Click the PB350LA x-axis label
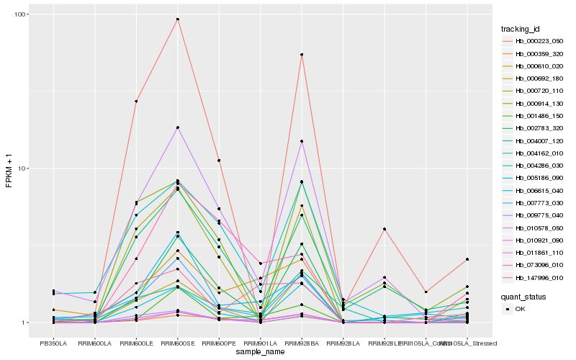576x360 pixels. tap(53, 343)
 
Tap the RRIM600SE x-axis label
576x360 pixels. tap(177, 343)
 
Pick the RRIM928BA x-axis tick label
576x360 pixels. tap(302, 343)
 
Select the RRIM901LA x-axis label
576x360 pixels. tap(260, 343)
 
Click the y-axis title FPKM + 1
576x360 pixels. tap(9, 169)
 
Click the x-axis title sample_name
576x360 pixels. tap(260, 352)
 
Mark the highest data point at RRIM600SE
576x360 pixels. tap(177, 19)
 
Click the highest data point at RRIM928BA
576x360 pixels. tap(302, 55)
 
